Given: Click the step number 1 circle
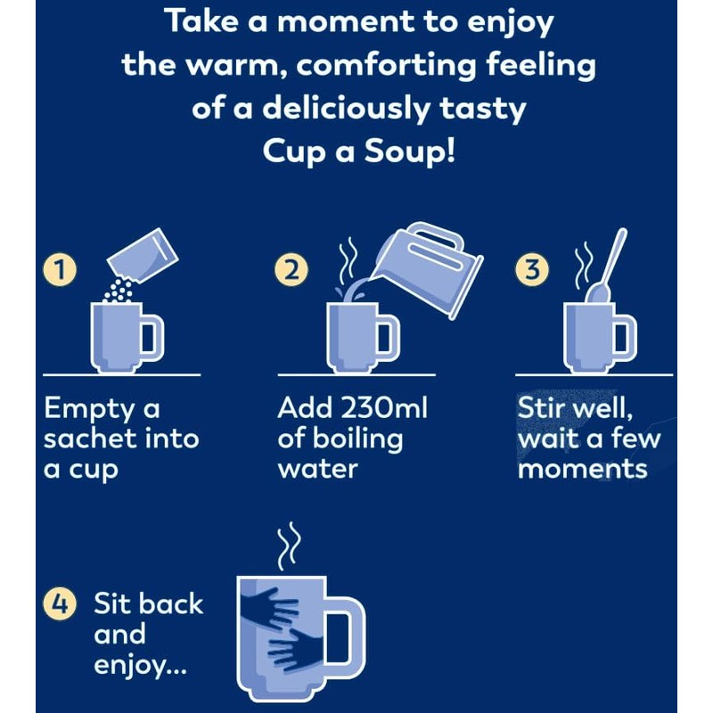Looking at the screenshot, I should point(60,270).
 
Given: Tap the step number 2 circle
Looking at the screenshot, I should point(290,270).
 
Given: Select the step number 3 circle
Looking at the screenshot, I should point(532,270).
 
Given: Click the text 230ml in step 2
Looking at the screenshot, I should point(380,409).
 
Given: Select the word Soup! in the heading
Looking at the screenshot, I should point(409,149).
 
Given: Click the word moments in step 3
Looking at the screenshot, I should point(582,468).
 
